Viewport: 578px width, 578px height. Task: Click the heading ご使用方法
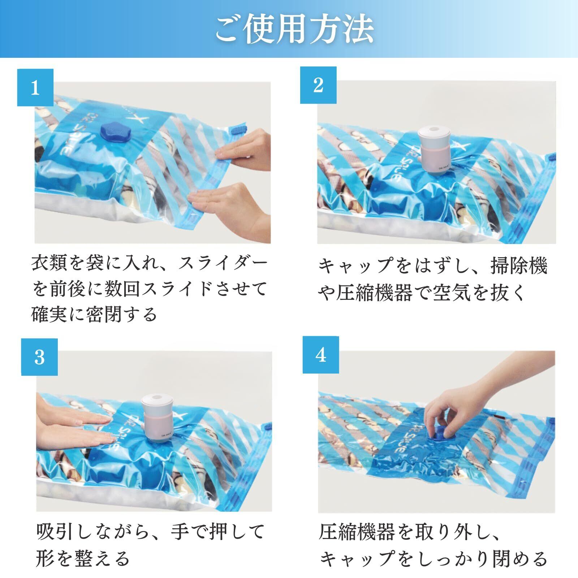(294, 29)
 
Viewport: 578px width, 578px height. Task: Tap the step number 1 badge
(35, 87)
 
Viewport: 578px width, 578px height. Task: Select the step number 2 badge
(318, 85)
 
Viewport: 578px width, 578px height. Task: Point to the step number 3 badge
(39, 357)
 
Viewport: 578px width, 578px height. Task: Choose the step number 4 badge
(321, 355)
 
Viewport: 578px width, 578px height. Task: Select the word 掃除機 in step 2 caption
(519, 266)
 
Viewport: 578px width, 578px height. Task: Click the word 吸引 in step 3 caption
(56, 532)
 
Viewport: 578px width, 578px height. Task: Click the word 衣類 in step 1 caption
(50, 263)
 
